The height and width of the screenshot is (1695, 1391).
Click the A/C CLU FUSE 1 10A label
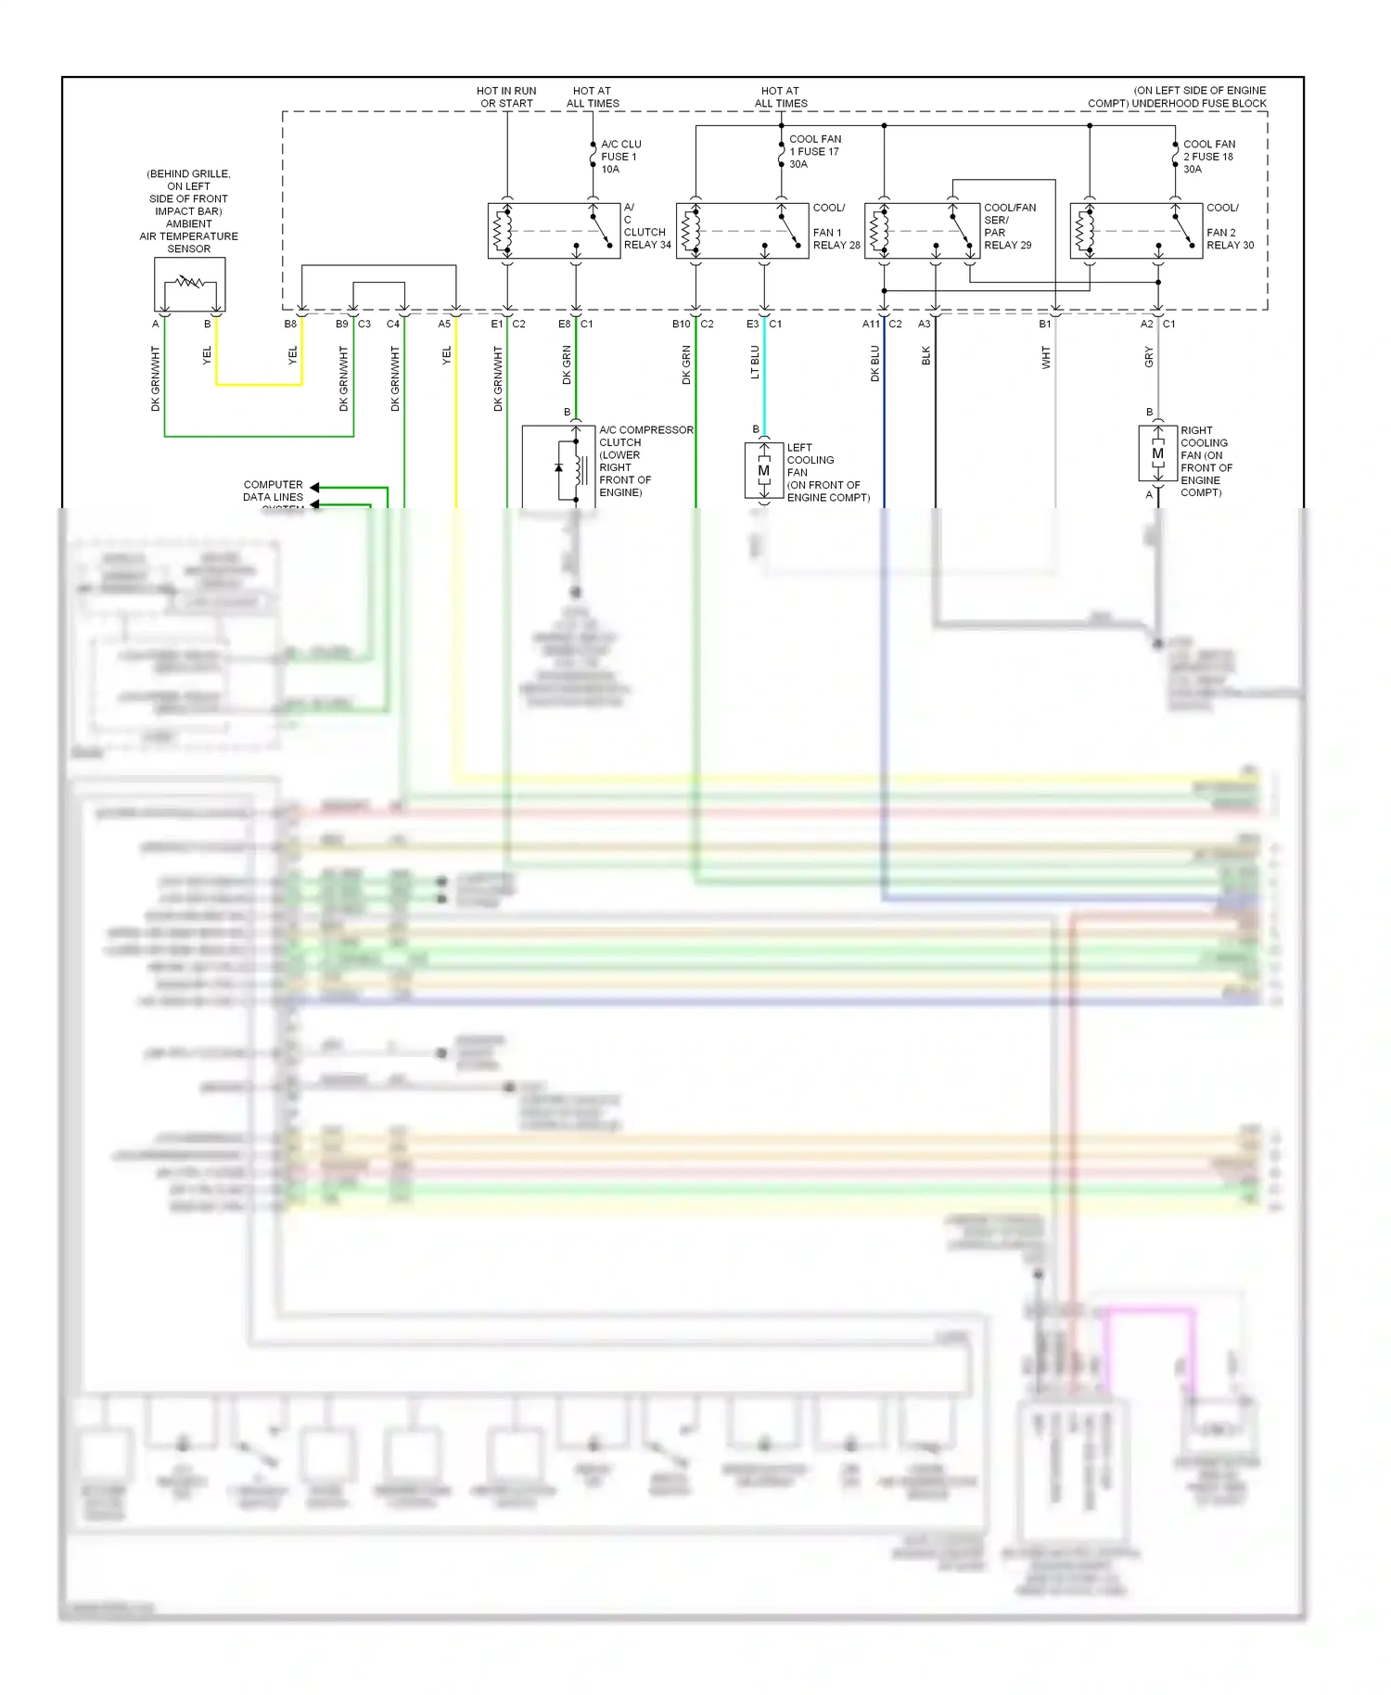619,157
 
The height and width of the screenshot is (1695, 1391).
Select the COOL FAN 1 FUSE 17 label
814,151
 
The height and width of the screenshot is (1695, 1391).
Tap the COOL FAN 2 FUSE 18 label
1208,157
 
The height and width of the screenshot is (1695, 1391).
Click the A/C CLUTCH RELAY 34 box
554,231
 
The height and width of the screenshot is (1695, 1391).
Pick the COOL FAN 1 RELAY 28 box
742,231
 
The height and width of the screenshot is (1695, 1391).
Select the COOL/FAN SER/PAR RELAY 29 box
922,231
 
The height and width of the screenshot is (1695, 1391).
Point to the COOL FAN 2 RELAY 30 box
1136,231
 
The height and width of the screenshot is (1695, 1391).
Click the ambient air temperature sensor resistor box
189,284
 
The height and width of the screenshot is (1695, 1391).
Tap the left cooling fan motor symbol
764,472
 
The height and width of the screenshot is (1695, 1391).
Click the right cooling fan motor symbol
1157,453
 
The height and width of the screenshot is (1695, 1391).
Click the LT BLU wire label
755,363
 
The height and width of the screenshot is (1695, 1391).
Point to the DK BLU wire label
874,364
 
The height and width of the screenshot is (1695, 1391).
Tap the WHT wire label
1046,358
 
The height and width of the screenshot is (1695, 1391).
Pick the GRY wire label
1149,357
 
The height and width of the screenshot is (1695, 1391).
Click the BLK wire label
925,356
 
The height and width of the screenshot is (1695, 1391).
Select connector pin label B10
681,324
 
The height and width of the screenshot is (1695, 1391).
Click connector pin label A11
871,324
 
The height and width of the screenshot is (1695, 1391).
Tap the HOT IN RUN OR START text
506,97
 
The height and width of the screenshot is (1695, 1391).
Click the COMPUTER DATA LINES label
273,491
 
